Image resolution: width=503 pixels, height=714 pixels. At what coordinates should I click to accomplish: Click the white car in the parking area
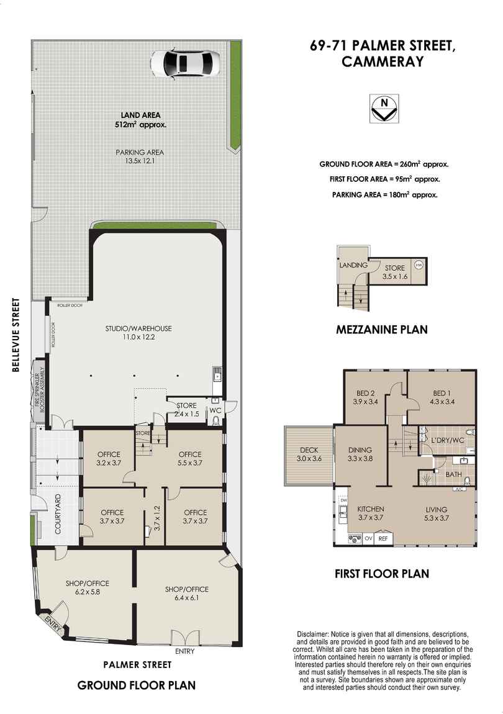click(x=184, y=63)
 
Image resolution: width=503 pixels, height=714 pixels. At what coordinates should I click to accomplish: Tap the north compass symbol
click(x=384, y=108)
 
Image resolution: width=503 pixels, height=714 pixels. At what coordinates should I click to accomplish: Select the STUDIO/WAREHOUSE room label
click(x=138, y=333)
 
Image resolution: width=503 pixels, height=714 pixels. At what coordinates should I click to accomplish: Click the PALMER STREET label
click(x=137, y=664)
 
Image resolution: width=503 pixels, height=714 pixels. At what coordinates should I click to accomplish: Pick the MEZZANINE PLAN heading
click(x=381, y=330)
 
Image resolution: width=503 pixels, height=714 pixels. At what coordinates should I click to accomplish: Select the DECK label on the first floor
click(x=309, y=454)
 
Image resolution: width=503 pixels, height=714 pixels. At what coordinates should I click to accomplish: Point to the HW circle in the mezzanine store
click(x=419, y=264)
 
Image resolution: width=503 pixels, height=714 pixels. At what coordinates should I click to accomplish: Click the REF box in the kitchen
click(x=383, y=538)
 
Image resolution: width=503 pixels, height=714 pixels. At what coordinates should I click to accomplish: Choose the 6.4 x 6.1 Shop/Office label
click(x=187, y=594)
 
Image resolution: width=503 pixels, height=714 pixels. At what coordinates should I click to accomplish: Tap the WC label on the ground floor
click(x=215, y=410)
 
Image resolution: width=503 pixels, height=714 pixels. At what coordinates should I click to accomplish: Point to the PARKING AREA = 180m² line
click(x=384, y=194)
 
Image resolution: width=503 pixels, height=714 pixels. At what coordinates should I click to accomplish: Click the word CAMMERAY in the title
click(x=383, y=61)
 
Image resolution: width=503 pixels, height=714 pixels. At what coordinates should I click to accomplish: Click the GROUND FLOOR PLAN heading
click(x=137, y=685)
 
